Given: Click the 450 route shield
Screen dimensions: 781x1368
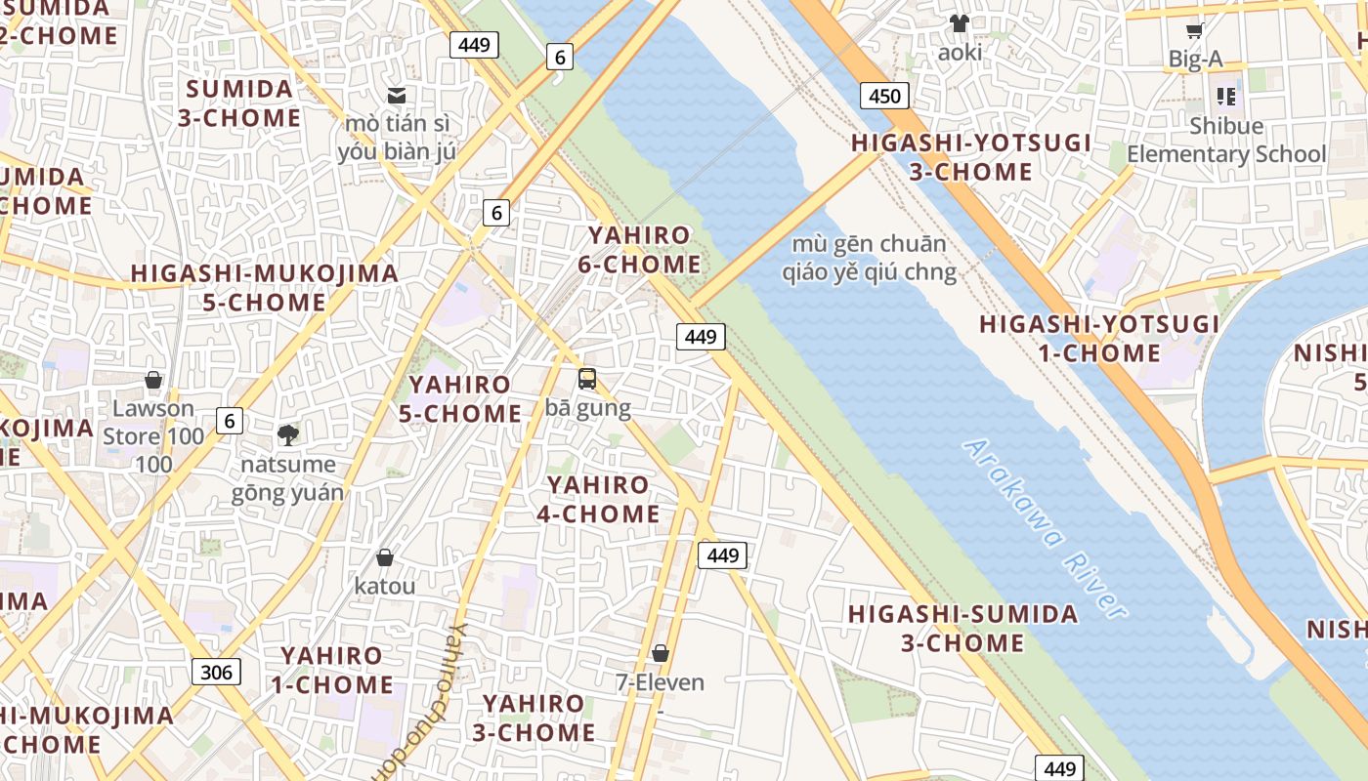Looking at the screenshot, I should point(884,96).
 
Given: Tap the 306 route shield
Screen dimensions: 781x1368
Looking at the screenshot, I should point(216,672).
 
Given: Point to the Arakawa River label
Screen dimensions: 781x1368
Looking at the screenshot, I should point(1045,527).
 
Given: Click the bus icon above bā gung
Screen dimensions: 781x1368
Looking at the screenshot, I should point(587,379).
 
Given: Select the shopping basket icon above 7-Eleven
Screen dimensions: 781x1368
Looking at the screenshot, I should point(661,653).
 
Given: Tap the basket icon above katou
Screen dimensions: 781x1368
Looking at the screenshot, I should point(385,557).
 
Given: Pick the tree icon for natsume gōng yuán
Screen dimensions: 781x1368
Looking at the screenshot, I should point(287,434).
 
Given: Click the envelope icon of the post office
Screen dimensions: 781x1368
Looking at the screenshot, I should point(397,96).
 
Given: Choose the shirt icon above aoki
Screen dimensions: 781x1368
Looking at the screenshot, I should point(960,23).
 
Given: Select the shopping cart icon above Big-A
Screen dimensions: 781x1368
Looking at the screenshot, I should point(1194,31).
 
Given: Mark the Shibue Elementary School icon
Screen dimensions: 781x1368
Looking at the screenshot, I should point(1226,97).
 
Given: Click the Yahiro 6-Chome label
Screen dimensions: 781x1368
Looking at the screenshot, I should point(644,250).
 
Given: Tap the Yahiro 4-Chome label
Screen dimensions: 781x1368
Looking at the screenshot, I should point(598,499).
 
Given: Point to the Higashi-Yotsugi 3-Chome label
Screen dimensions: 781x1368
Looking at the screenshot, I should point(970,157).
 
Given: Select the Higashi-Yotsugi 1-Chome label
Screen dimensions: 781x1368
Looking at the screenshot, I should point(1099,338).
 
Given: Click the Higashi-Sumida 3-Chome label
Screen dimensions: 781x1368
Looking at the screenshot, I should point(962,629).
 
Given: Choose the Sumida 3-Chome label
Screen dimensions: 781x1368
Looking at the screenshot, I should point(239,103).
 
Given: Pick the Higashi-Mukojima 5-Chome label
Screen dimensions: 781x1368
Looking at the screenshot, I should point(265,288).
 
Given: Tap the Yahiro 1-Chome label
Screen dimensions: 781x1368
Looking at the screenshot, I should point(332,670).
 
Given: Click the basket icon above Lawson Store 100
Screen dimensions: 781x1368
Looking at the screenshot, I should point(153,380).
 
